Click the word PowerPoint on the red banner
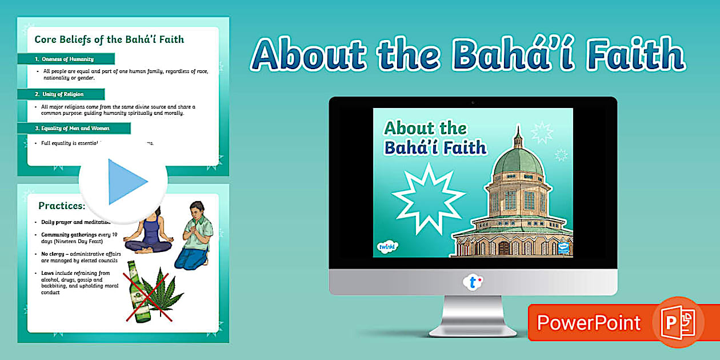coord(589,323)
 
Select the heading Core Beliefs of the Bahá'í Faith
coord(109,39)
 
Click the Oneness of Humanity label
coord(67,59)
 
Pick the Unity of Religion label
coord(62,94)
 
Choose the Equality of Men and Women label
coord(75,128)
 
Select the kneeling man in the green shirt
coord(194,234)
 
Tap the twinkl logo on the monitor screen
coord(387,246)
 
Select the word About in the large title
coord(309,55)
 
